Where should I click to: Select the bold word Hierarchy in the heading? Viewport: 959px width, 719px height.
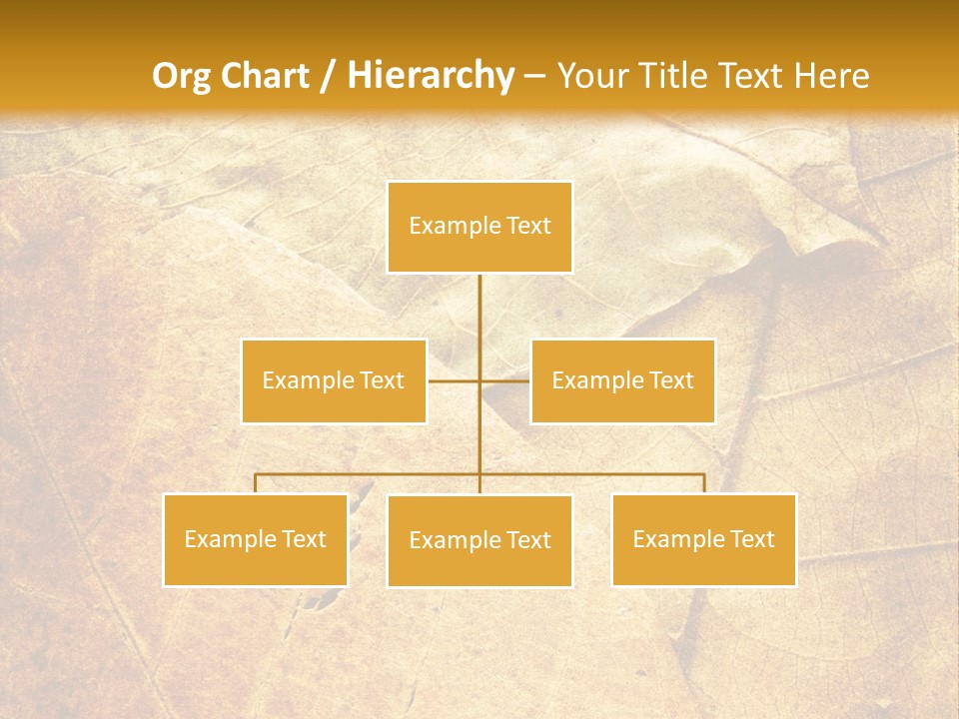(430, 76)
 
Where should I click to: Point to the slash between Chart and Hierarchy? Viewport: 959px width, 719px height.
(327, 76)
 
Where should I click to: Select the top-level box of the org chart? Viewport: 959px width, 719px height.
(479, 227)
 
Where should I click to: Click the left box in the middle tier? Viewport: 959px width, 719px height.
(334, 380)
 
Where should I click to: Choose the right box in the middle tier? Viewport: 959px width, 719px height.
(622, 380)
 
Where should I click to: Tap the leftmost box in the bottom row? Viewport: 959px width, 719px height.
(256, 539)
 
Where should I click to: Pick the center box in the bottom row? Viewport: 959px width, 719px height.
(479, 540)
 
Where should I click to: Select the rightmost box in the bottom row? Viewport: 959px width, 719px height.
(703, 539)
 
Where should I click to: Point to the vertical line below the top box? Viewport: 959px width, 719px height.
(479, 310)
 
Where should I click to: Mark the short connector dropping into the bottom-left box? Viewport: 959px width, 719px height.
(256, 483)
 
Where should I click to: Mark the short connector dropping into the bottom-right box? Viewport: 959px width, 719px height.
(704, 483)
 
